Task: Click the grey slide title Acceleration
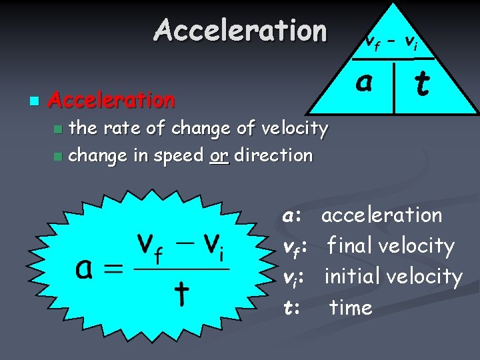pyautogui.click(x=240, y=31)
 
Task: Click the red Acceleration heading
pyautogui.click(x=112, y=100)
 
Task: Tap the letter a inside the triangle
pyautogui.click(x=363, y=82)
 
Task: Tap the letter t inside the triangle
pyautogui.click(x=421, y=84)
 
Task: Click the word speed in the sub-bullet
pyautogui.click(x=179, y=156)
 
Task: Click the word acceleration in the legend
pyautogui.click(x=381, y=215)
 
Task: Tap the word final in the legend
pyautogui.click(x=350, y=246)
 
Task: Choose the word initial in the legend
pyautogui.click(x=353, y=277)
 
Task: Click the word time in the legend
pyautogui.click(x=351, y=307)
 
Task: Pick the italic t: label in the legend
pyautogui.click(x=291, y=307)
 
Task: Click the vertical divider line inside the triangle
pyautogui.click(x=394, y=87)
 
